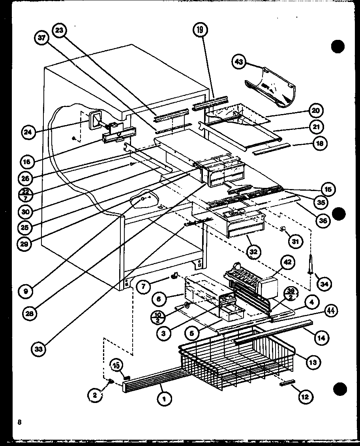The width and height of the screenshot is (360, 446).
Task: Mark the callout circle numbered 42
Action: (x=286, y=262)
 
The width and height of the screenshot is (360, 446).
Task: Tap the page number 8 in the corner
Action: (x=19, y=422)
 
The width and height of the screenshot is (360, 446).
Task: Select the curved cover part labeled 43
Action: (x=272, y=88)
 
